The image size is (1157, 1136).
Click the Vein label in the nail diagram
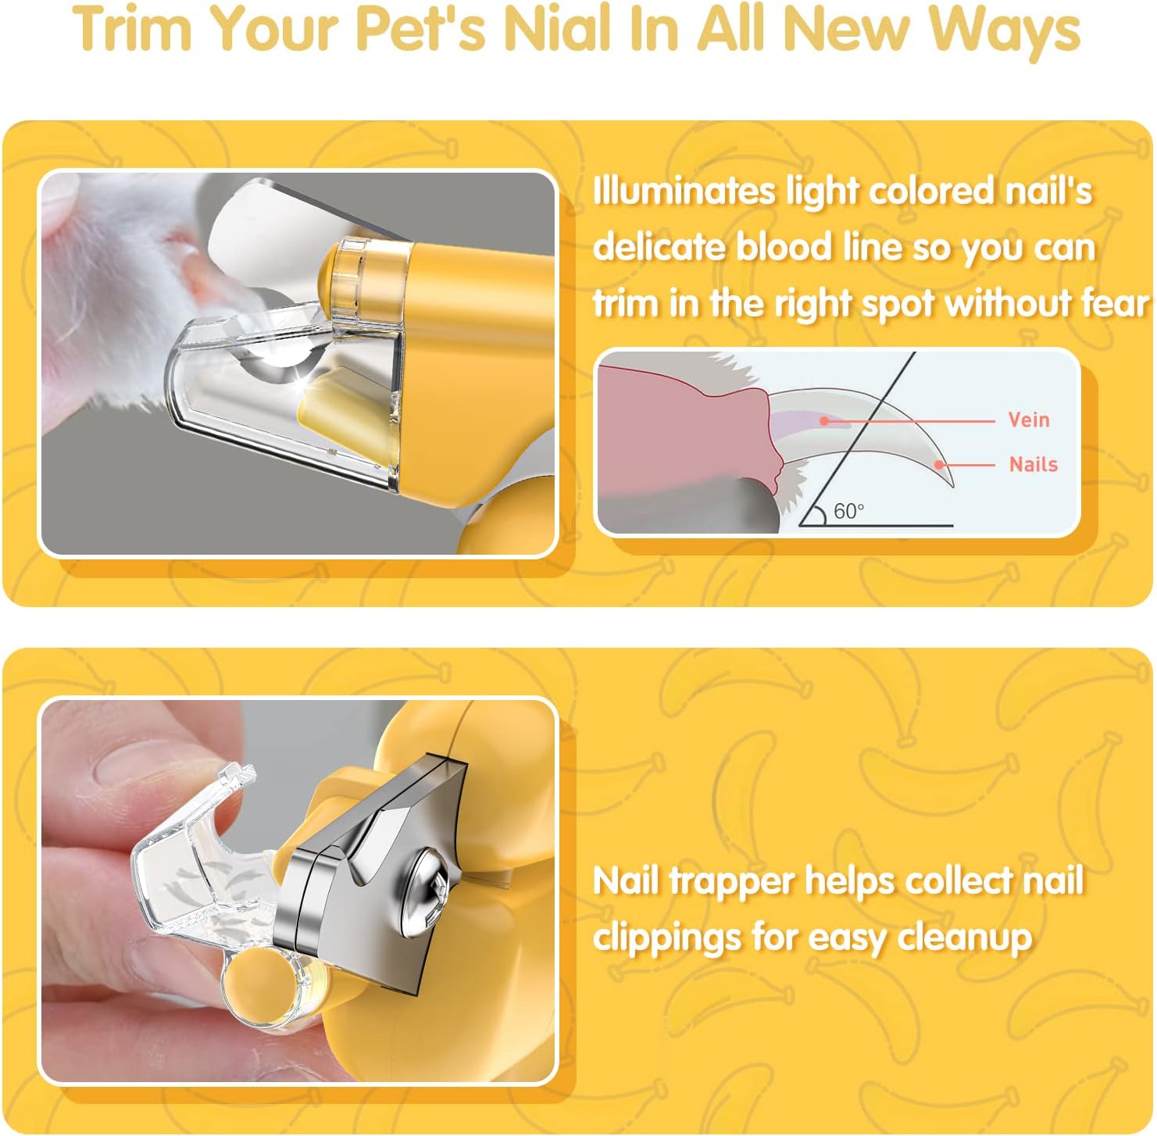click(x=1028, y=420)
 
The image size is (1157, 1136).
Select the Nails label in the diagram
click(x=1033, y=465)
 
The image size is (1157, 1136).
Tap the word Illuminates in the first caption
click(x=684, y=191)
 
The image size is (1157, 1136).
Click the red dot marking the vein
click(x=823, y=420)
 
